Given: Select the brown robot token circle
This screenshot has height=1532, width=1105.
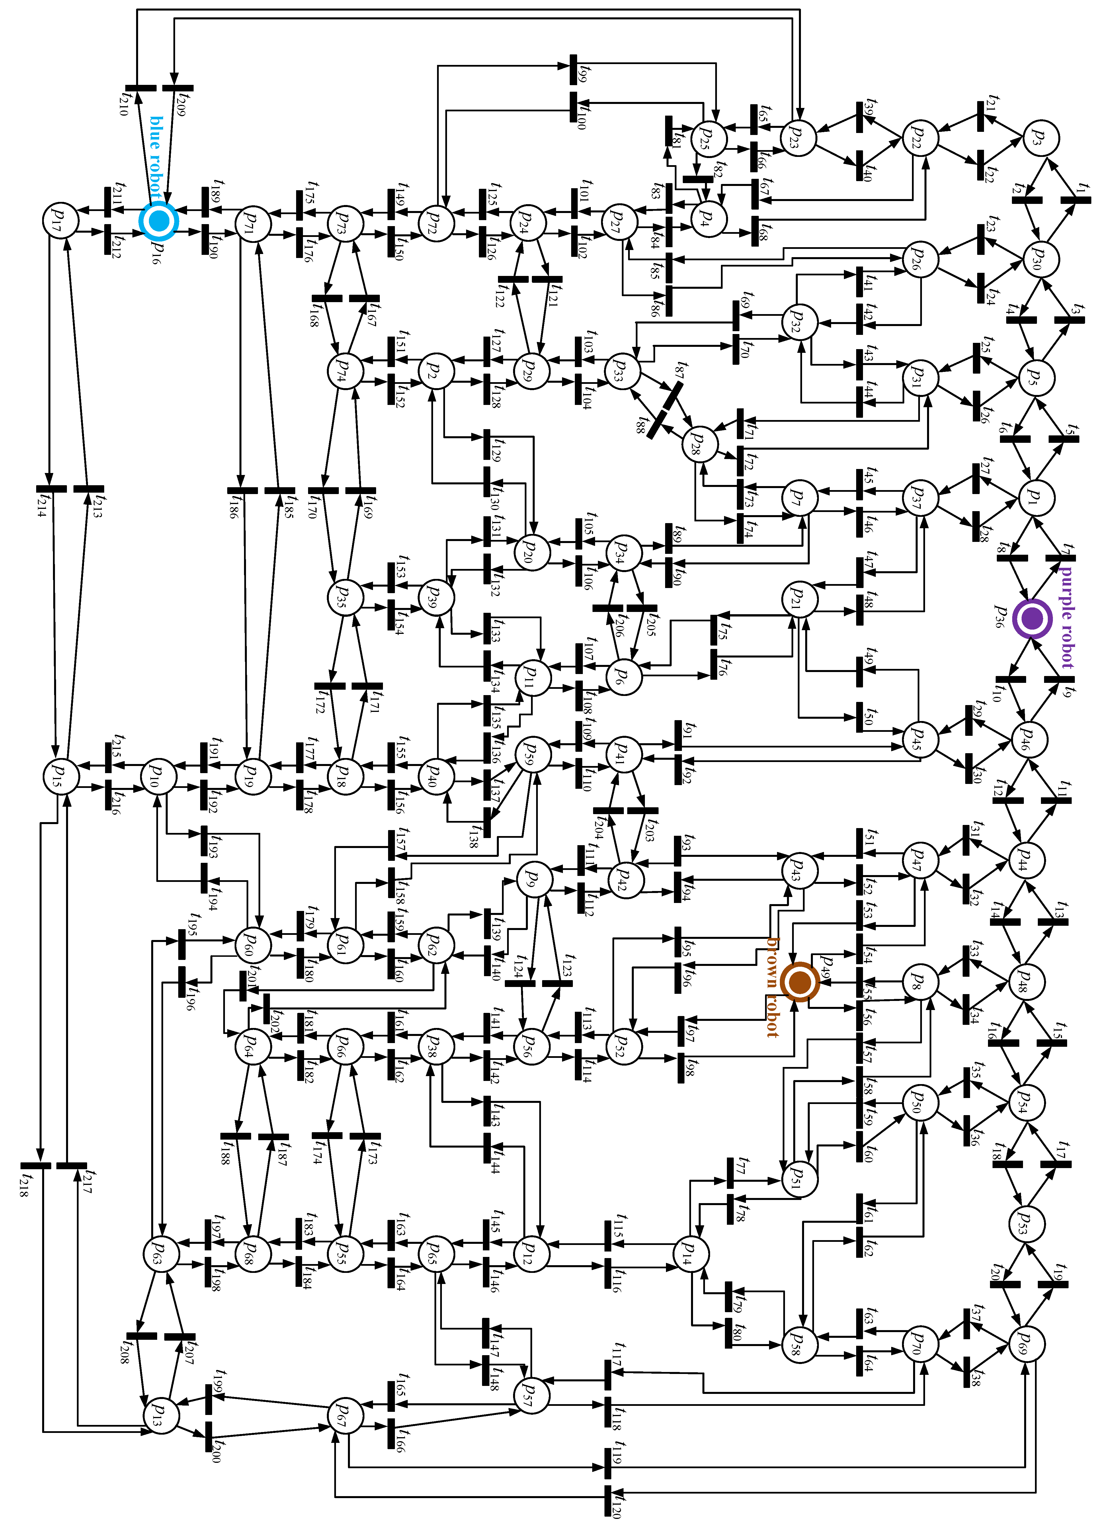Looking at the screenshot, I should point(800,982).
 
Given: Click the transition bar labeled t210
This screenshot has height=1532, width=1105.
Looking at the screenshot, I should point(140,88).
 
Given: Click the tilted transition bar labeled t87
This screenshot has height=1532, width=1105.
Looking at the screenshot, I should point(672,395).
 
